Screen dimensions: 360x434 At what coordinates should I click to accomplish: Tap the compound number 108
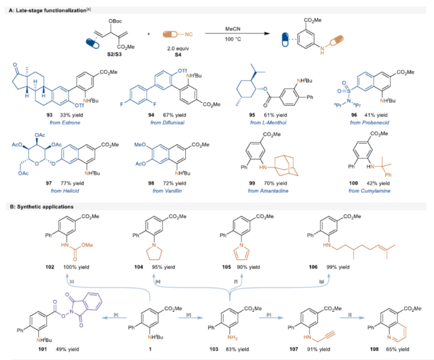click(x=362, y=345)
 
